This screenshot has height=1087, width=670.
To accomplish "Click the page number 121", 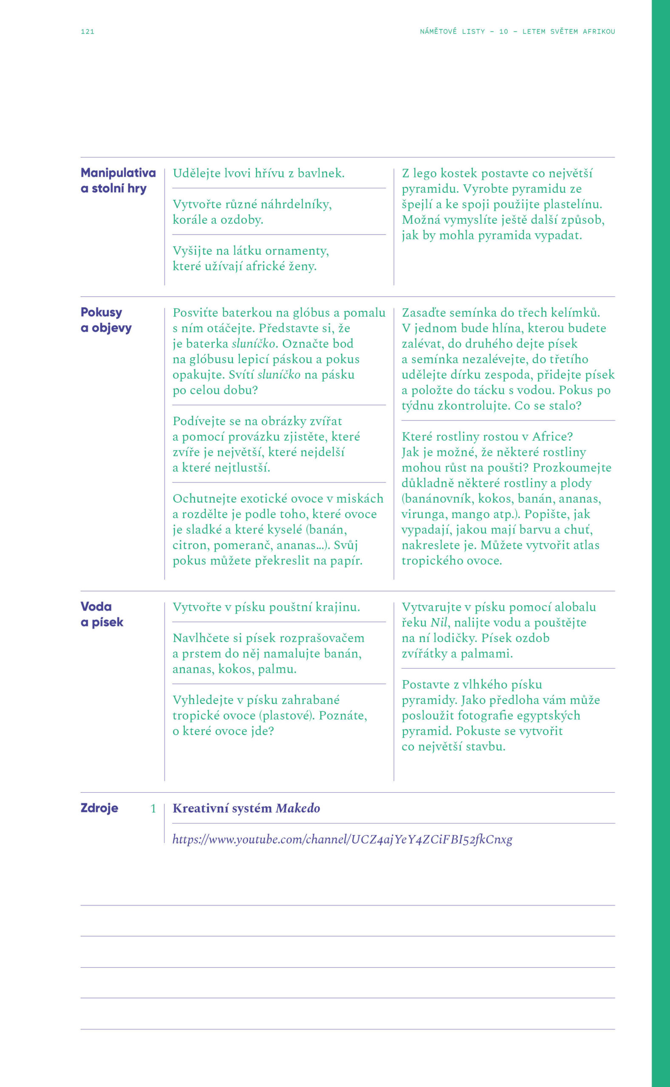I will coord(87,31).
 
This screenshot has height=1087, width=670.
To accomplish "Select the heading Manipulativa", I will coord(118,173).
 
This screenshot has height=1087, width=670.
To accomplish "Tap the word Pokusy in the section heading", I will coord(101,312).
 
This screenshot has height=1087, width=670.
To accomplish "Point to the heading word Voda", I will coord(96,606).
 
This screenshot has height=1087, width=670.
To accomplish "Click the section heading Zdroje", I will coord(99,808).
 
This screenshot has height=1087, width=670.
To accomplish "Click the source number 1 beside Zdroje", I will coord(153,808).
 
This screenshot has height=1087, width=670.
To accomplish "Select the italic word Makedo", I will coord(297,808).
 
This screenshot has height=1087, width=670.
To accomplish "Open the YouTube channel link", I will coord(342,839).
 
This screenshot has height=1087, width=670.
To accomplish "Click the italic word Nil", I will coord(439,622).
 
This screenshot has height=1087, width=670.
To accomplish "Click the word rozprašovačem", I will coord(327,638).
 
